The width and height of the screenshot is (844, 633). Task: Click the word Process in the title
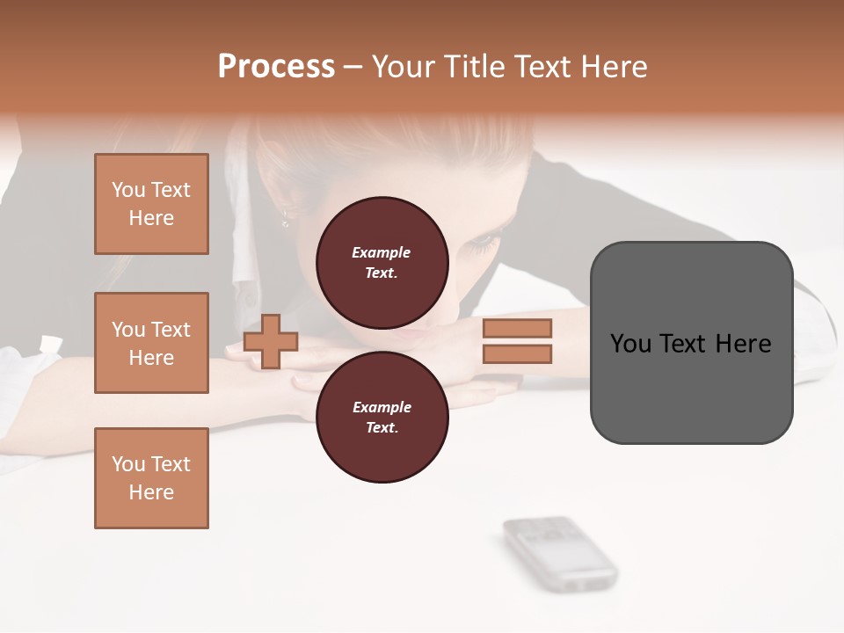click(276, 67)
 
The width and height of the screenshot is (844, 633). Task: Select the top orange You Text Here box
click(151, 204)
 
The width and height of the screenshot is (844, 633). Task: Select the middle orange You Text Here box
click(151, 343)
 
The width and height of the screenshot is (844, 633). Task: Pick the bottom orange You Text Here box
click(151, 478)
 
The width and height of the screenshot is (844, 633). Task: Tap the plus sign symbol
click(271, 340)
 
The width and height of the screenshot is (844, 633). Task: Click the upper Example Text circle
click(382, 262)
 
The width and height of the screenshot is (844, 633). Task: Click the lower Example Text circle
click(382, 417)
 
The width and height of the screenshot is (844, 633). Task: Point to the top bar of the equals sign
click(517, 328)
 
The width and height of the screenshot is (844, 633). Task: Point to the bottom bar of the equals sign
click(517, 354)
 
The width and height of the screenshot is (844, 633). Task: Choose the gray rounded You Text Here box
click(691, 343)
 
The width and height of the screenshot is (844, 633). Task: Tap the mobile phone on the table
click(559, 553)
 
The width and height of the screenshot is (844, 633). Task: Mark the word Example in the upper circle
click(382, 252)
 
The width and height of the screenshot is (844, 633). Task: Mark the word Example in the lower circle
click(382, 407)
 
